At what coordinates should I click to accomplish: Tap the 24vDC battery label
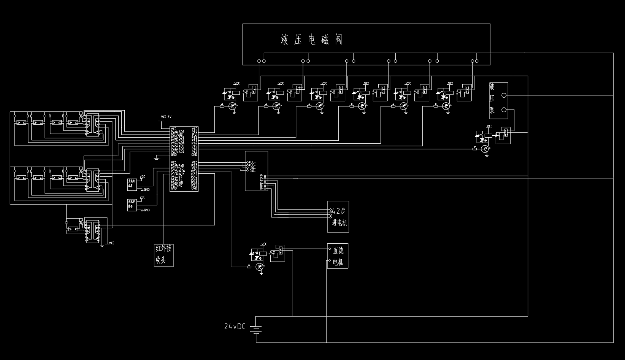pyautogui.click(x=235, y=326)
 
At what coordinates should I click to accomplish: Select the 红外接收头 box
pyautogui.click(x=163, y=255)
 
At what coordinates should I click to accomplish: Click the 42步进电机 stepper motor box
pyautogui.click(x=338, y=217)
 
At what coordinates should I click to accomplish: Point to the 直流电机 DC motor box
pyautogui.click(x=338, y=256)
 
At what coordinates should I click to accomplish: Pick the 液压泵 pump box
pyautogui.click(x=498, y=100)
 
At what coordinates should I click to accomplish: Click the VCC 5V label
pyautogui.click(x=166, y=117)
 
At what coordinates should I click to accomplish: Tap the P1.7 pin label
pyautogui.click(x=194, y=152)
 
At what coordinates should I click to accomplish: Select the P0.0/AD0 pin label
pyautogui.click(x=177, y=132)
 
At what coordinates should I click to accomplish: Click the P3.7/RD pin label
pyautogui.click(x=177, y=186)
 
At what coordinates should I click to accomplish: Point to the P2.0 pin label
pyautogui.click(x=194, y=165)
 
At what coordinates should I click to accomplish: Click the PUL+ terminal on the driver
pyautogui.click(x=252, y=162)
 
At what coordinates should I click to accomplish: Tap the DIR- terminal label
pyautogui.click(x=252, y=170)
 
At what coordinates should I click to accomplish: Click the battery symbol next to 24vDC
pyautogui.click(x=256, y=328)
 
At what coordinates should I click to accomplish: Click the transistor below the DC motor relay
pyautogui.click(x=260, y=267)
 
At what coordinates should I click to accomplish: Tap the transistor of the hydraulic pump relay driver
pyautogui.click(x=485, y=149)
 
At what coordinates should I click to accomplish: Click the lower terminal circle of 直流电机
pyautogui.click(x=330, y=261)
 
